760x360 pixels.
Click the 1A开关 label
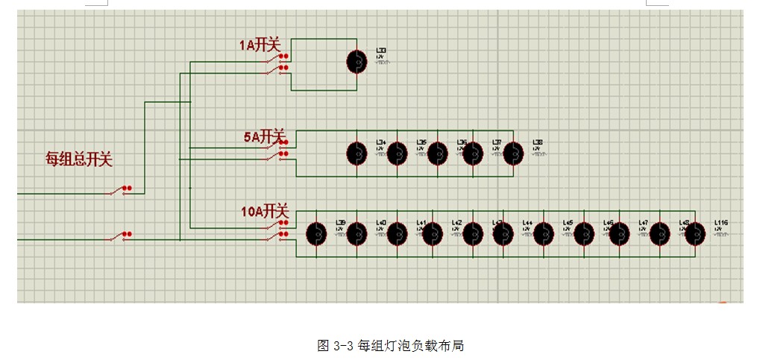click(259, 45)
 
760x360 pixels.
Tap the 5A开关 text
click(264, 137)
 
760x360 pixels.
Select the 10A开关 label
click(264, 212)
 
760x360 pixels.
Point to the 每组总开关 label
click(79, 159)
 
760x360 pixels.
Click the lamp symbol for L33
click(357, 62)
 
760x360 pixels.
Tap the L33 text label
click(381, 51)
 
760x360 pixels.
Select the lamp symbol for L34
click(357, 154)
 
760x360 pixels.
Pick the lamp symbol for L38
click(513, 154)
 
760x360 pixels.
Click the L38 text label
click(537, 142)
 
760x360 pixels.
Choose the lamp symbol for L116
click(695, 234)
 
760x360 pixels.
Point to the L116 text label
click(720, 222)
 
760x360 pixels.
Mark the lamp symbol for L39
click(317, 234)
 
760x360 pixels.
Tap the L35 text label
click(421, 142)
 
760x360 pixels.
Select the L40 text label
click(380, 222)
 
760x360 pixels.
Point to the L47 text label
click(644, 222)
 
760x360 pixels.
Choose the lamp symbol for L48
click(659, 234)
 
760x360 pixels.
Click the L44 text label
click(527, 222)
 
